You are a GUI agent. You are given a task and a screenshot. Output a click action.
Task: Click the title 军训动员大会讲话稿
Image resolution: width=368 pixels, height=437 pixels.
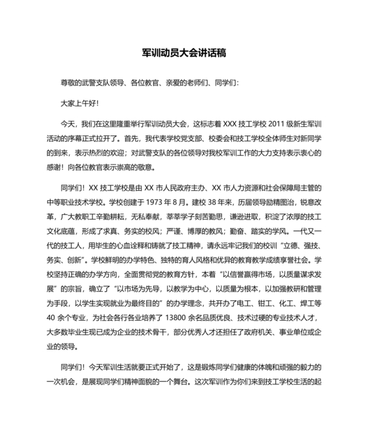[x=183, y=52]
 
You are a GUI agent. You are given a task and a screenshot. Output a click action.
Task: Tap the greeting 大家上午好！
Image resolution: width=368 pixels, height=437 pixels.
[x=79, y=103]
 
